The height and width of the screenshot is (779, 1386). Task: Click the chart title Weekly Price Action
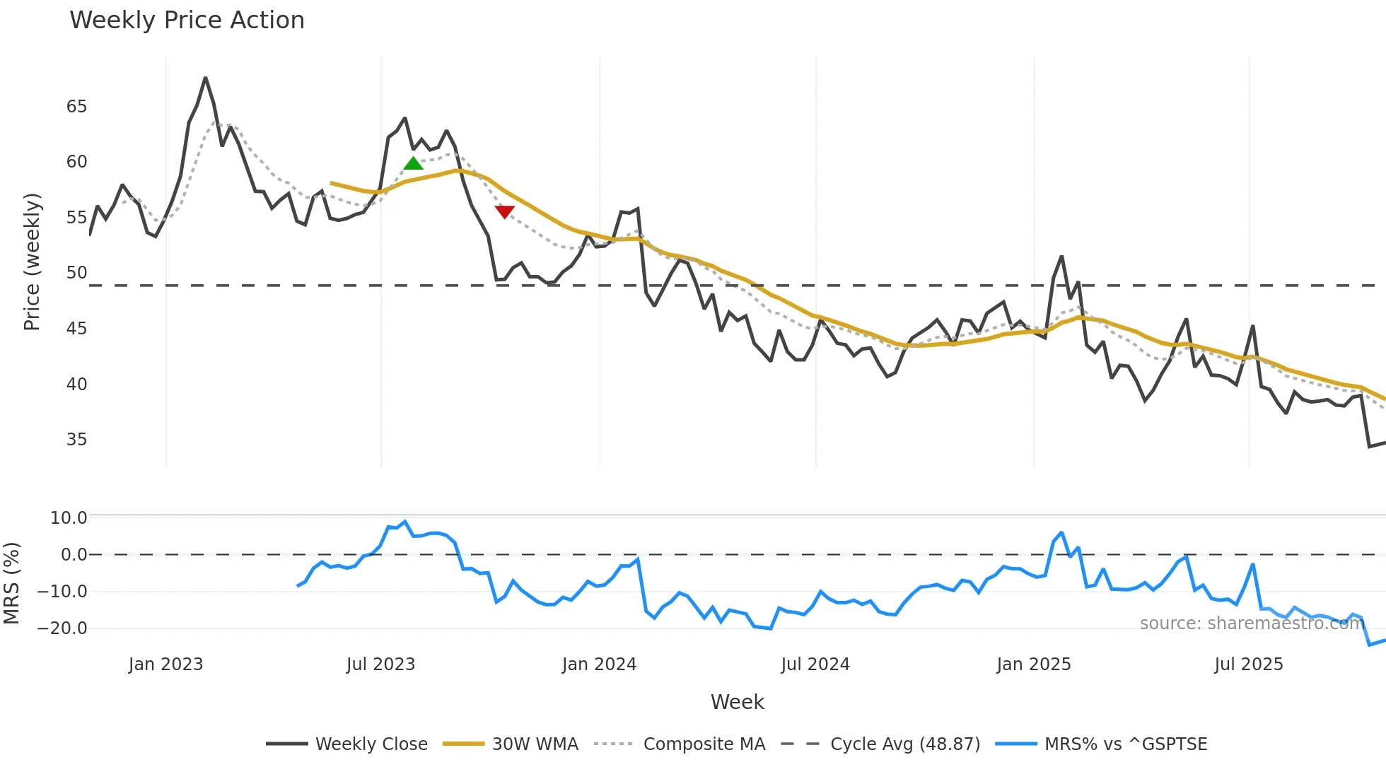tap(187, 20)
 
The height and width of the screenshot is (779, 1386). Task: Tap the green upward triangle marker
tap(413, 163)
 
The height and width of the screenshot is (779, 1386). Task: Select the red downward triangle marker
tap(505, 211)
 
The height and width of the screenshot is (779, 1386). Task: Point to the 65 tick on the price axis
tap(76, 107)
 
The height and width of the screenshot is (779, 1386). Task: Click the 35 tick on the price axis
tap(76, 440)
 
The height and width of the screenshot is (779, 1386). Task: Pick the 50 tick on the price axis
tap(76, 273)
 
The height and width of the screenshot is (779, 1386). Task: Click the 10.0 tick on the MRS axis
tap(69, 518)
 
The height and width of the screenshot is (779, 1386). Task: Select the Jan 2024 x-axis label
tap(599, 664)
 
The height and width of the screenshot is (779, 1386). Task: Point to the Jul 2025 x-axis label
tap(1248, 664)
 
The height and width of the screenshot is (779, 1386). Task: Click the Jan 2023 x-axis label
tap(165, 664)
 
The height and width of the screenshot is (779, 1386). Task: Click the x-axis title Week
tap(737, 702)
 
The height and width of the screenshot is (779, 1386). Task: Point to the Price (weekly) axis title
tap(32, 262)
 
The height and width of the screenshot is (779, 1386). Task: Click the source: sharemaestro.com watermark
tap(1252, 623)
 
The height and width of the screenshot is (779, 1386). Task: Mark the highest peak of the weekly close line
tap(205, 78)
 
